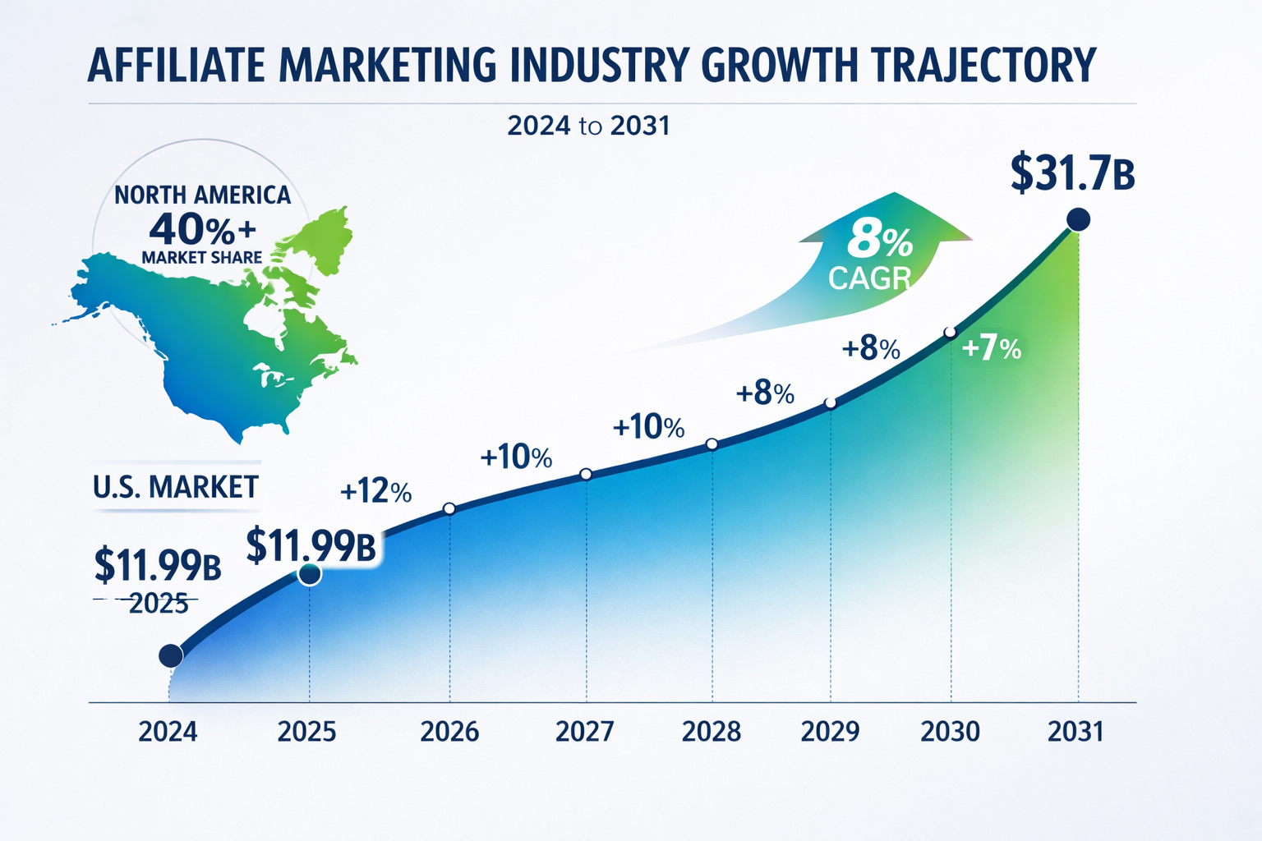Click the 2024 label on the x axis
tap(168, 731)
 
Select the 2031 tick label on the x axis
tap(1076, 731)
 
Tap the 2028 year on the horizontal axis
tap(712, 731)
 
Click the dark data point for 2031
tap(1077, 219)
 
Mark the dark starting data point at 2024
tap(170, 655)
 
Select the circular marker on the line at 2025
tap(310, 575)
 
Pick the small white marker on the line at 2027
tap(586, 474)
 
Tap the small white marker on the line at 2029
tap(830, 403)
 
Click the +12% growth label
tap(375, 491)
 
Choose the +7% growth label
tap(991, 349)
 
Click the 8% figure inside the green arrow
tap(879, 241)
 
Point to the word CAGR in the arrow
tap(869, 278)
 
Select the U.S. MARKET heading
tap(176, 487)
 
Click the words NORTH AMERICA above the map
tap(202, 195)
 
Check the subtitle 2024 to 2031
tap(588, 126)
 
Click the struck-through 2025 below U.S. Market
tap(159, 604)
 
